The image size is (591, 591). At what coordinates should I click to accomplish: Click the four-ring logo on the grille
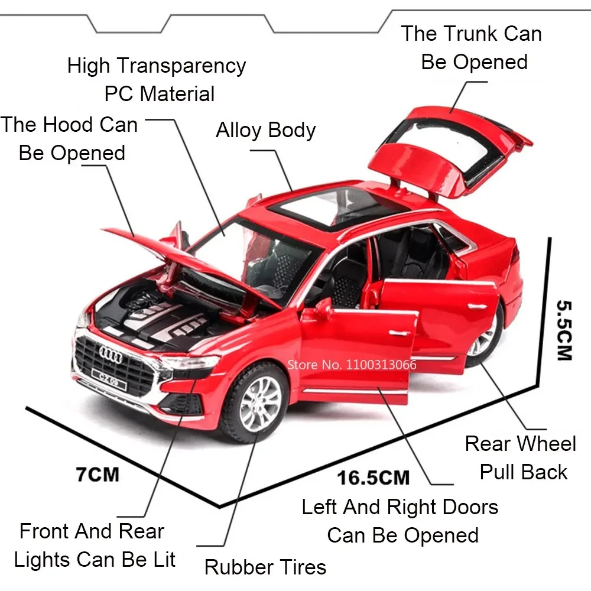(110, 353)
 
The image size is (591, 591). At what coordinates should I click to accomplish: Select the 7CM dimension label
(97, 475)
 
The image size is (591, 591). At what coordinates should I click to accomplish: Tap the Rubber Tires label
(265, 567)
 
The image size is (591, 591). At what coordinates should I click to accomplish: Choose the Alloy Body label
(265, 130)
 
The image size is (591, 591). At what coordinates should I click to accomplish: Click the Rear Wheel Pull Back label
(520, 458)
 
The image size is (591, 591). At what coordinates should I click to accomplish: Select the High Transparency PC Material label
(157, 80)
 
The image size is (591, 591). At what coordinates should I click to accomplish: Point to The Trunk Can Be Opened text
(472, 47)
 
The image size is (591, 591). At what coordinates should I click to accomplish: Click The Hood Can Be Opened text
(70, 139)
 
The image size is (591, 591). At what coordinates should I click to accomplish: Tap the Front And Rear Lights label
(95, 545)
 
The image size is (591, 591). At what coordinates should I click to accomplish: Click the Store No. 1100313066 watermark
(351, 364)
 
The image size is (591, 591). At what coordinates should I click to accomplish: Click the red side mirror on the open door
(323, 308)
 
